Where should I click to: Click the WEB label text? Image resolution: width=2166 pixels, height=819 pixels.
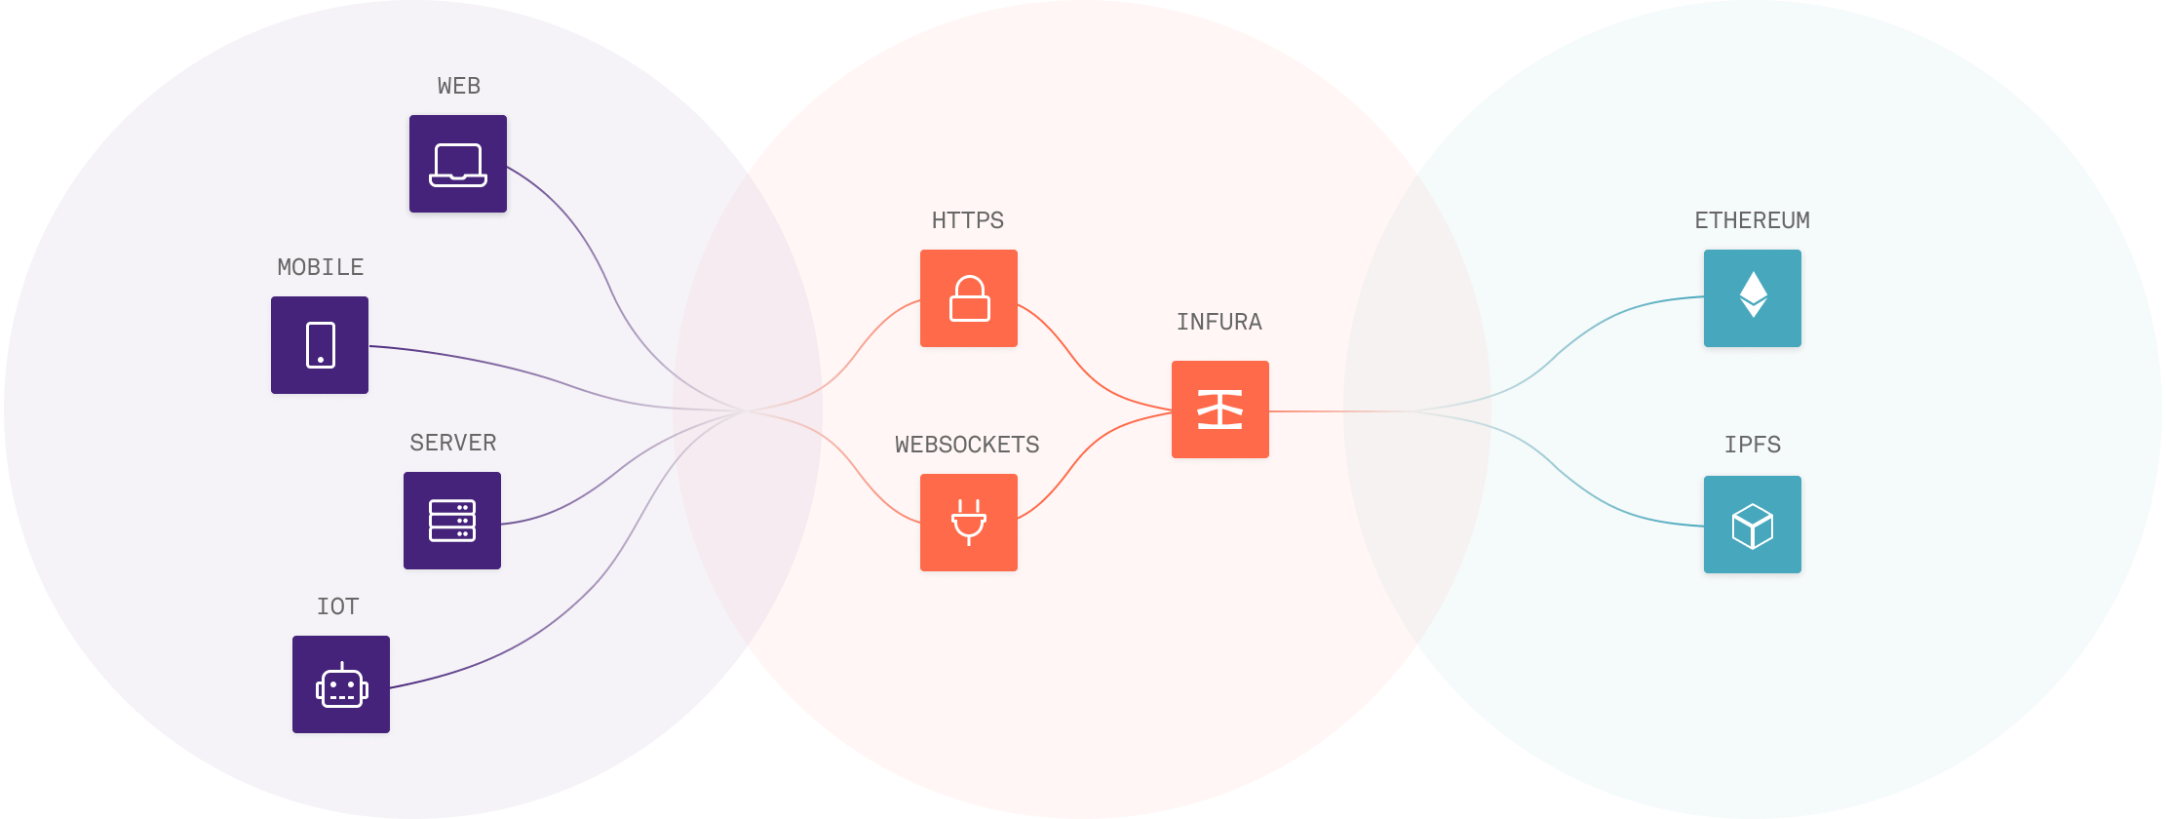click(x=458, y=86)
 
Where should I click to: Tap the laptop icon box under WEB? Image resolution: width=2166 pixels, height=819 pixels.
click(x=458, y=164)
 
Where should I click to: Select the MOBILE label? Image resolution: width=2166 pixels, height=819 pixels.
click(x=320, y=267)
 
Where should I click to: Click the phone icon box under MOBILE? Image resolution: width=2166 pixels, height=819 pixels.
click(x=320, y=345)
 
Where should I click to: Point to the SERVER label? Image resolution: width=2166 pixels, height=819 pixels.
click(x=453, y=443)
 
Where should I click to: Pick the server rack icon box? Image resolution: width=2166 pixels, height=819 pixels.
click(x=452, y=521)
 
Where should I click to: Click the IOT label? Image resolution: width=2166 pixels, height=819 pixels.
click(x=338, y=606)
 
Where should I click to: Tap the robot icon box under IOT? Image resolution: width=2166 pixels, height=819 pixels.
click(x=341, y=684)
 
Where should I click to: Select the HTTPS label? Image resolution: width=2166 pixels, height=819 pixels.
click(x=968, y=220)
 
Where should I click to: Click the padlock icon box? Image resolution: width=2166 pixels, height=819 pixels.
click(x=969, y=298)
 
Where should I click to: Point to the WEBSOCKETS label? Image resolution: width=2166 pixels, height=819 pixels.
click(x=967, y=445)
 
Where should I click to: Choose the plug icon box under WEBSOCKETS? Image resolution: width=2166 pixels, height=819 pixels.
click(x=969, y=523)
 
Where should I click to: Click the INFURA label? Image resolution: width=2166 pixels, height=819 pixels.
click(x=1219, y=322)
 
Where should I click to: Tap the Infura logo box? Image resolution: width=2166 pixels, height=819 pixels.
click(x=1220, y=409)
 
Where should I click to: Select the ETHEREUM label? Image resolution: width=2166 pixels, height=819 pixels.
click(x=1752, y=220)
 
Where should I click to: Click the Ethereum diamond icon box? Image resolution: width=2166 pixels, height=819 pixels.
click(x=1753, y=297)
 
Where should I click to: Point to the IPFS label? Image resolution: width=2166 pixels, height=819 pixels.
click(x=1752, y=445)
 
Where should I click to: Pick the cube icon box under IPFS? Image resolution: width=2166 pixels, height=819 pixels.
click(x=1753, y=526)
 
